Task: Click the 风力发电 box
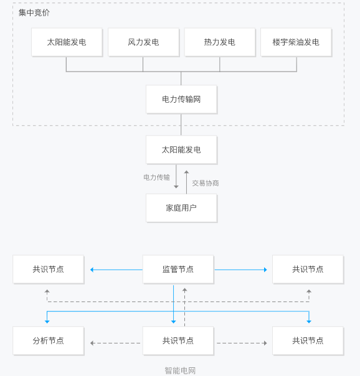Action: (143, 42)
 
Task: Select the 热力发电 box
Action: (220, 42)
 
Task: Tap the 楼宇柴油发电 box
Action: (296, 42)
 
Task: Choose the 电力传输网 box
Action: (181, 99)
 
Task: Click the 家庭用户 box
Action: (181, 208)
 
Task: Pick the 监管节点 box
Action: (178, 270)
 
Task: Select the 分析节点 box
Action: (48, 341)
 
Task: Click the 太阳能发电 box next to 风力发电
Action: (67, 42)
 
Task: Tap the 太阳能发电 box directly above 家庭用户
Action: (181, 150)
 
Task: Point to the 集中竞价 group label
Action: (34, 12)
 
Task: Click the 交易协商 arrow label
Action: (206, 183)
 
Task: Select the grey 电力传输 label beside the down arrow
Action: (156, 177)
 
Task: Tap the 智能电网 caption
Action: (180, 370)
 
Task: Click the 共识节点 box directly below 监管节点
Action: (178, 341)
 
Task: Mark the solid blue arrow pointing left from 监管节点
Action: (116, 270)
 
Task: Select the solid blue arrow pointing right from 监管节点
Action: (241, 270)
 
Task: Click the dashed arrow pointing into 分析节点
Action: (115, 343)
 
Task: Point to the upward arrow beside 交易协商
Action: (186, 182)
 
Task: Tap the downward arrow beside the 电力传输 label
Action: (176, 176)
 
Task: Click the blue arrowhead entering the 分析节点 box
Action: (47, 322)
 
